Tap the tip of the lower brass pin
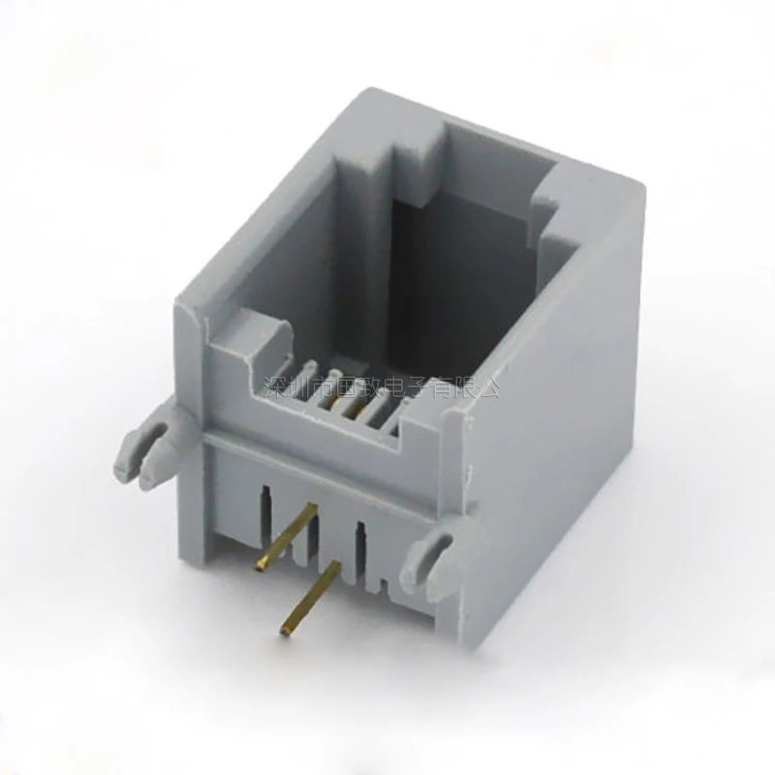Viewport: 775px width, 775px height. pyautogui.click(x=286, y=631)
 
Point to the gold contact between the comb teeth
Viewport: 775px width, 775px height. pyautogui.click(x=344, y=392)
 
